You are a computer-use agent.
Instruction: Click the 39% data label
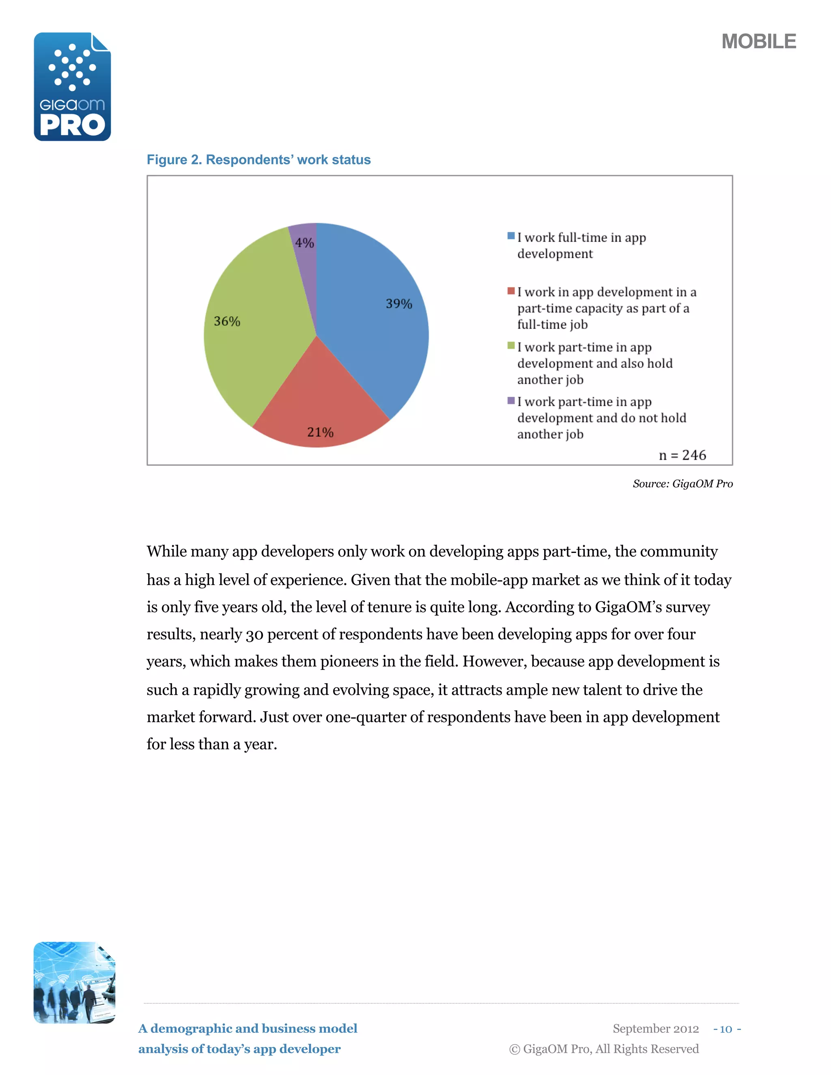pos(399,304)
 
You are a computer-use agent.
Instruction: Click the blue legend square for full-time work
pos(511,236)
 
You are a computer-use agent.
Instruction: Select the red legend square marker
pos(511,291)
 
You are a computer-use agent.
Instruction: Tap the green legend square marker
pos(511,346)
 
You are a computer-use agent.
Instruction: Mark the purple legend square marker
pos(511,401)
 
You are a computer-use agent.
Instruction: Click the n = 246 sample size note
pos(682,455)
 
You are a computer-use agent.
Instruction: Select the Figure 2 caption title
pos(258,160)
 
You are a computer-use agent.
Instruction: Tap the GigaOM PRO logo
pos(72,87)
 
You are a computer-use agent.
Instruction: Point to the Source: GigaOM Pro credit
pos(682,484)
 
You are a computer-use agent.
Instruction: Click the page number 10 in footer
pos(726,1029)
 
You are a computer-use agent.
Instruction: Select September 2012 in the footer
pos(655,1029)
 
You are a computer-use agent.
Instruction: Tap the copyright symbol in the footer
pos(515,1049)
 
